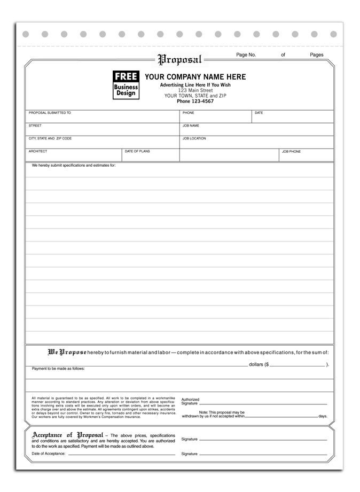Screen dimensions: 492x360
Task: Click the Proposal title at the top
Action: tap(179, 60)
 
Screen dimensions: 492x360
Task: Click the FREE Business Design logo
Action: tap(126, 84)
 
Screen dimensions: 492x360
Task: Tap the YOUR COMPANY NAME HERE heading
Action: tap(195, 77)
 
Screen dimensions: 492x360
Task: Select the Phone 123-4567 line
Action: tap(195, 101)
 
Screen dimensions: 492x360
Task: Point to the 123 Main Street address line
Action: tap(195, 90)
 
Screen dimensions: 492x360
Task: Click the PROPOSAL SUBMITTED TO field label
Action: tap(50, 113)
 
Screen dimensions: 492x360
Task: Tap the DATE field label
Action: tap(259, 113)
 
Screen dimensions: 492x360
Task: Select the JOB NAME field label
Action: tap(191, 126)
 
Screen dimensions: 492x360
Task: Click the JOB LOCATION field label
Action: tap(194, 139)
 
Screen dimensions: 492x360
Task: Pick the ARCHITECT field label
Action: tap(38, 152)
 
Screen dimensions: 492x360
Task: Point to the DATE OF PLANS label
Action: tap(137, 152)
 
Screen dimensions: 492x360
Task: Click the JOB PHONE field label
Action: tap(291, 152)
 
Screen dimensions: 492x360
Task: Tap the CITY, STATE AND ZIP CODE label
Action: tap(50, 139)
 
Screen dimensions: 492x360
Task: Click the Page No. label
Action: tap(246, 55)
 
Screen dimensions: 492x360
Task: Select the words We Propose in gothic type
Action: tap(67, 353)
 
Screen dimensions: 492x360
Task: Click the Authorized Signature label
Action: tap(190, 401)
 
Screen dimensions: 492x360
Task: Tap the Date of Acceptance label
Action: tap(49, 454)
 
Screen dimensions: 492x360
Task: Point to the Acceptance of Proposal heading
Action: tap(68, 435)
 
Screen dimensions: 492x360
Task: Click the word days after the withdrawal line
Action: tap(323, 416)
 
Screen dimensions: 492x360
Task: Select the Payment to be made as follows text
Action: tap(58, 369)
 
